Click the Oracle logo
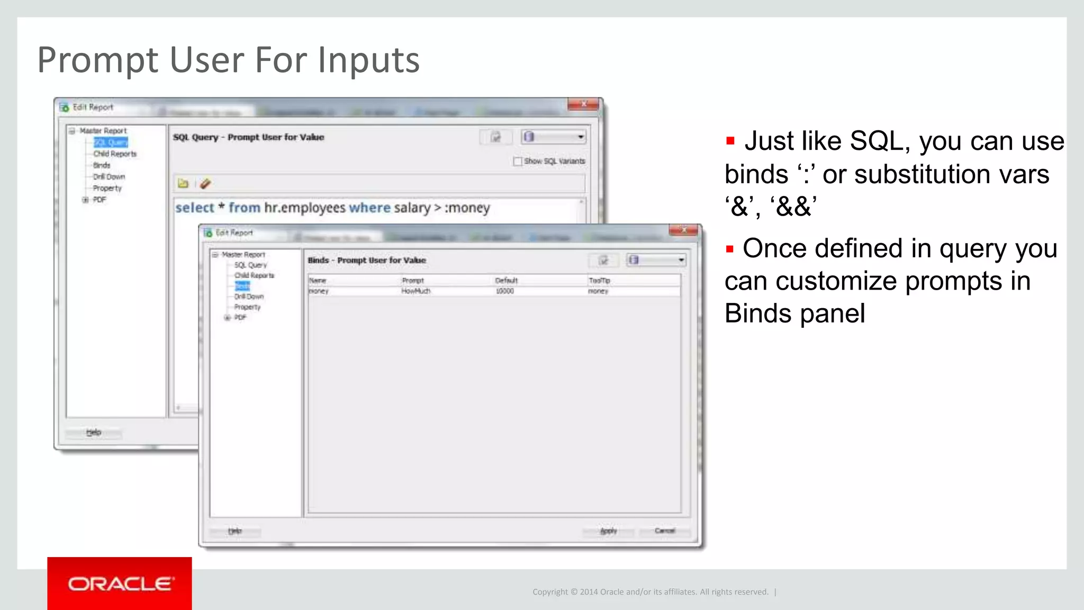coord(120,584)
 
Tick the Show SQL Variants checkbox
coord(518,161)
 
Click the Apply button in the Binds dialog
coord(608,531)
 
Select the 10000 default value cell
coord(505,291)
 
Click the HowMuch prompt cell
coord(415,291)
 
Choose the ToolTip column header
coord(599,281)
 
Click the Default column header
coord(506,281)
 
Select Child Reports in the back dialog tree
coord(115,154)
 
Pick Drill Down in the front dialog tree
coord(249,297)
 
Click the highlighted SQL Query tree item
coord(111,142)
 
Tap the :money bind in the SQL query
coord(467,208)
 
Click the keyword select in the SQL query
coord(195,208)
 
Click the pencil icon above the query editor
coord(205,184)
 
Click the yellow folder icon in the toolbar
coord(183,184)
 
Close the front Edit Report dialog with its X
coord(684,230)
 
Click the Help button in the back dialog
coord(94,433)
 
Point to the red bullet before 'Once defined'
coord(730,249)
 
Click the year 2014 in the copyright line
coord(589,592)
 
